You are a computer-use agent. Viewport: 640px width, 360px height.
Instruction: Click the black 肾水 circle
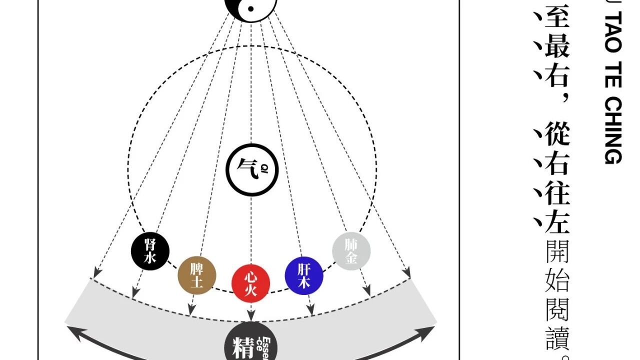150,251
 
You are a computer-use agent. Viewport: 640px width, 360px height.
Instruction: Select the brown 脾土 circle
197,276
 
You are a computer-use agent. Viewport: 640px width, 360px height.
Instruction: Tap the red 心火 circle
250,283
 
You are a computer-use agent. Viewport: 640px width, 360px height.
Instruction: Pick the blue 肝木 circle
304,276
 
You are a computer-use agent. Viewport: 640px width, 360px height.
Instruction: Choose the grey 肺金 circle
351,251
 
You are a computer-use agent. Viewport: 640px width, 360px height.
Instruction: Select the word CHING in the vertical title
613,130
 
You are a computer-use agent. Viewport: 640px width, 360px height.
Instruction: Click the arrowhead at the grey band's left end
71,331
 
